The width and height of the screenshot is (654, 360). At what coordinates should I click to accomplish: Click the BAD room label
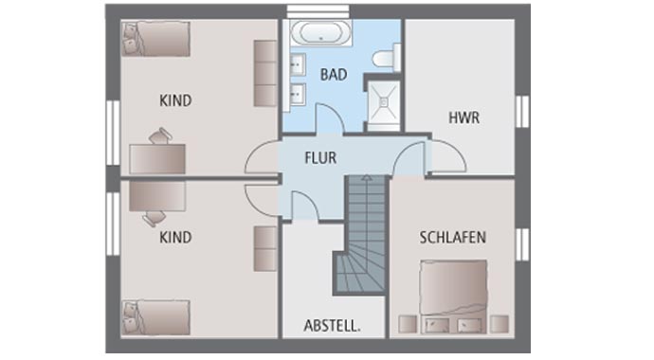333,74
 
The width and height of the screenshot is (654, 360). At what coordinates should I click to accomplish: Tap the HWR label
464,118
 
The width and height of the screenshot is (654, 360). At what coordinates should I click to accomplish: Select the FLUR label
320,158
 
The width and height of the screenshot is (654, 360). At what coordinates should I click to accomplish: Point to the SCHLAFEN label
452,238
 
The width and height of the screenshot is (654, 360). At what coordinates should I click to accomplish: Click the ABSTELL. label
332,326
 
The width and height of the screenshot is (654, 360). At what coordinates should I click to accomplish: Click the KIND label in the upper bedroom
176,99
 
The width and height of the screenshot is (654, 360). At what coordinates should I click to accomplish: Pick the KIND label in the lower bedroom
176,238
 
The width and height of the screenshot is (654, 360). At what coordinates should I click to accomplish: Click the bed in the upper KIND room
156,41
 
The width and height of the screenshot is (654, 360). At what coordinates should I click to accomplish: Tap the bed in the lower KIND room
156,317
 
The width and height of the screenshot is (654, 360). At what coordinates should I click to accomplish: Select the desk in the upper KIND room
157,157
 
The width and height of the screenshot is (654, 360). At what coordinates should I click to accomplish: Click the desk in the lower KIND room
157,195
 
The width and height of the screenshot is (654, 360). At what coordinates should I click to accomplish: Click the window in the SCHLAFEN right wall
520,243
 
